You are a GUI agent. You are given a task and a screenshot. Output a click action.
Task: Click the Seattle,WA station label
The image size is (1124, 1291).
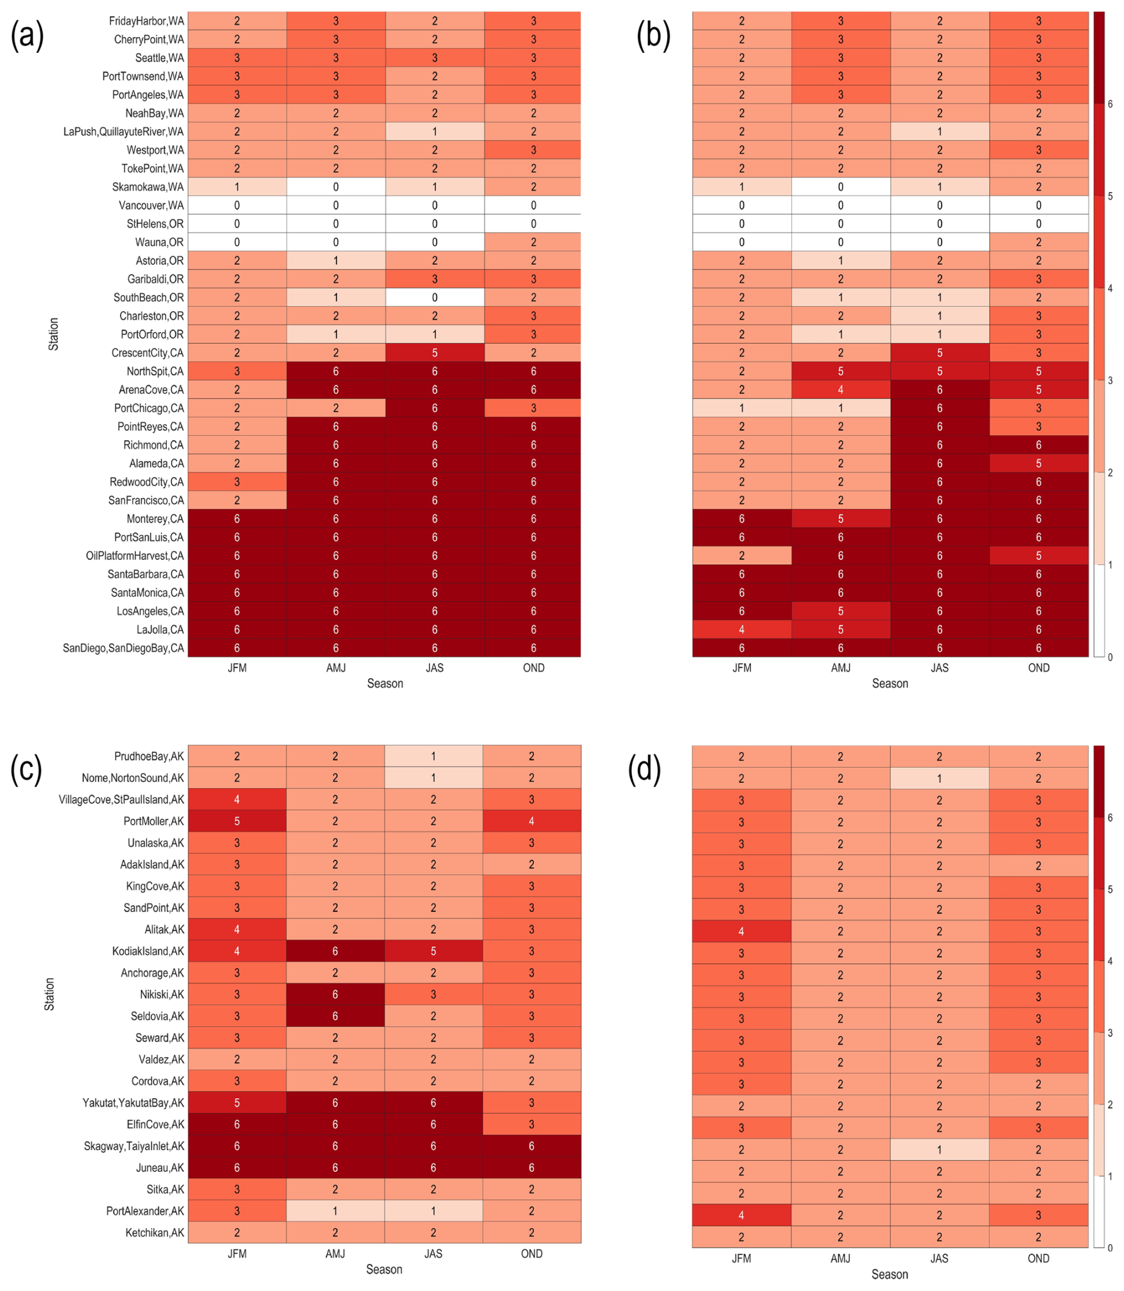point(159,58)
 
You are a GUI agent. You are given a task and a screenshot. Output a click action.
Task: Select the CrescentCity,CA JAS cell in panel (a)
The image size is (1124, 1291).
point(435,352)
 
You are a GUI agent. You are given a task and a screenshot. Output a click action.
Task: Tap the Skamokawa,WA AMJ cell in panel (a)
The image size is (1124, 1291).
point(336,187)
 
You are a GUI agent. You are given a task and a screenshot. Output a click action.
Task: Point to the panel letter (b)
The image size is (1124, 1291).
point(653,35)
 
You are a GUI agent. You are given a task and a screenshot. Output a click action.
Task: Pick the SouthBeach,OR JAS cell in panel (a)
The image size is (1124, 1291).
point(435,297)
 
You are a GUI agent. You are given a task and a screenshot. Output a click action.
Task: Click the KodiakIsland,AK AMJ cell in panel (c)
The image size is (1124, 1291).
point(335,951)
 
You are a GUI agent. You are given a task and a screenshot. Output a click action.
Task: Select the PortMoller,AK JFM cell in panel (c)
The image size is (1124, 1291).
point(237,821)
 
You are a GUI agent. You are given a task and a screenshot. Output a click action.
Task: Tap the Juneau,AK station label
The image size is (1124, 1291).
point(160,1167)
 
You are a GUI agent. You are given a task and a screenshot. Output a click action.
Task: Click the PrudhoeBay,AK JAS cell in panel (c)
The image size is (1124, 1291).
point(434,756)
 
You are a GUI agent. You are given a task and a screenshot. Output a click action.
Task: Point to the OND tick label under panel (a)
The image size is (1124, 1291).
point(533,667)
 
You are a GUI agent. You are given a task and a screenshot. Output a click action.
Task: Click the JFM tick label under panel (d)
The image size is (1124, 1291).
point(741,1258)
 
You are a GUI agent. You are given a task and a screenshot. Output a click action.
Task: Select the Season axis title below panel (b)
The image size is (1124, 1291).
point(889,684)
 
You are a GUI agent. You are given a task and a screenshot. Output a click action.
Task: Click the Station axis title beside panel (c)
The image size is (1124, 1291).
point(49,994)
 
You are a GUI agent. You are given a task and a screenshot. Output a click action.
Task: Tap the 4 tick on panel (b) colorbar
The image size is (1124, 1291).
point(1110,289)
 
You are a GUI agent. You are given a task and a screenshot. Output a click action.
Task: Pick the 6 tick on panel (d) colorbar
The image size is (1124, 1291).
point(1110,818)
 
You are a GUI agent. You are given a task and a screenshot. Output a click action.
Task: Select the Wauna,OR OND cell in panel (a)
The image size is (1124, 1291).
point(533,242)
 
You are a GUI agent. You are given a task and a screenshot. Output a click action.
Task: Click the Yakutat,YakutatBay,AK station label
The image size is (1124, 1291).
point(133,1102)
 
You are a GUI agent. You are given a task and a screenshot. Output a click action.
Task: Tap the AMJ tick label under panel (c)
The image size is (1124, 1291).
point(335,1254)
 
